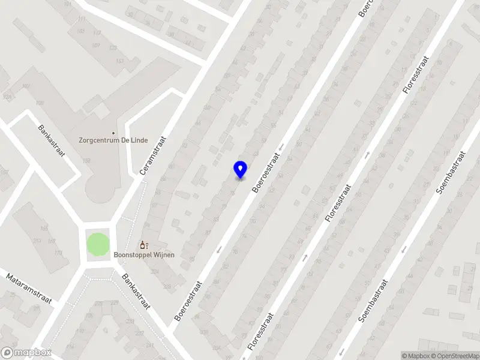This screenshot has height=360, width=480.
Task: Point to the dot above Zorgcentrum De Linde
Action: (113, 133)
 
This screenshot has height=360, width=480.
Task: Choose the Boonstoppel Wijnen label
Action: (144, 255)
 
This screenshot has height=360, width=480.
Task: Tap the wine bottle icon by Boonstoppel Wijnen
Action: (143, 245)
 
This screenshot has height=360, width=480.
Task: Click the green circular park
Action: (98, 244)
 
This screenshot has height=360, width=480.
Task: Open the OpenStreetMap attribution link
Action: (455, 356)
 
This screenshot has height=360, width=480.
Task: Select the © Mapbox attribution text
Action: (415, 356)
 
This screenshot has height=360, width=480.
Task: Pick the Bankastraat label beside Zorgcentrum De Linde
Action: (50, 140)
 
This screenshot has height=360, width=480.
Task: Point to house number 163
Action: (120, 61)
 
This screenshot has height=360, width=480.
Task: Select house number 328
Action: (167, 286)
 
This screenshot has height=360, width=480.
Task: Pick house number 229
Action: (115, 302)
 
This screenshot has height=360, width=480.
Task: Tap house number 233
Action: (131, 322)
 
